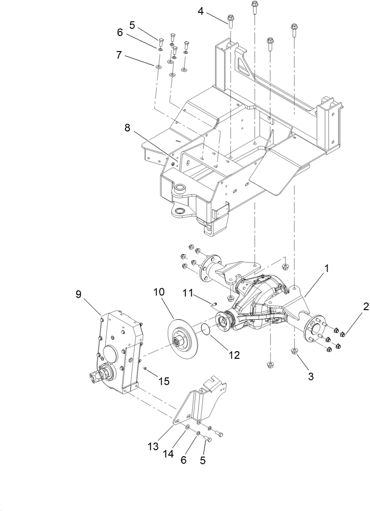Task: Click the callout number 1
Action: pos(327,270)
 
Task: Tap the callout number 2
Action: pos(365,307)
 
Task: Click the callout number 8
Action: pos(127,127)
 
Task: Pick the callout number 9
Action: pos(79,294)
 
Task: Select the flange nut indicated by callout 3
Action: pos(295,352)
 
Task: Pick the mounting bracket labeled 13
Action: pos(200,401)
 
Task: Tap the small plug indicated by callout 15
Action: pos(144,370)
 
